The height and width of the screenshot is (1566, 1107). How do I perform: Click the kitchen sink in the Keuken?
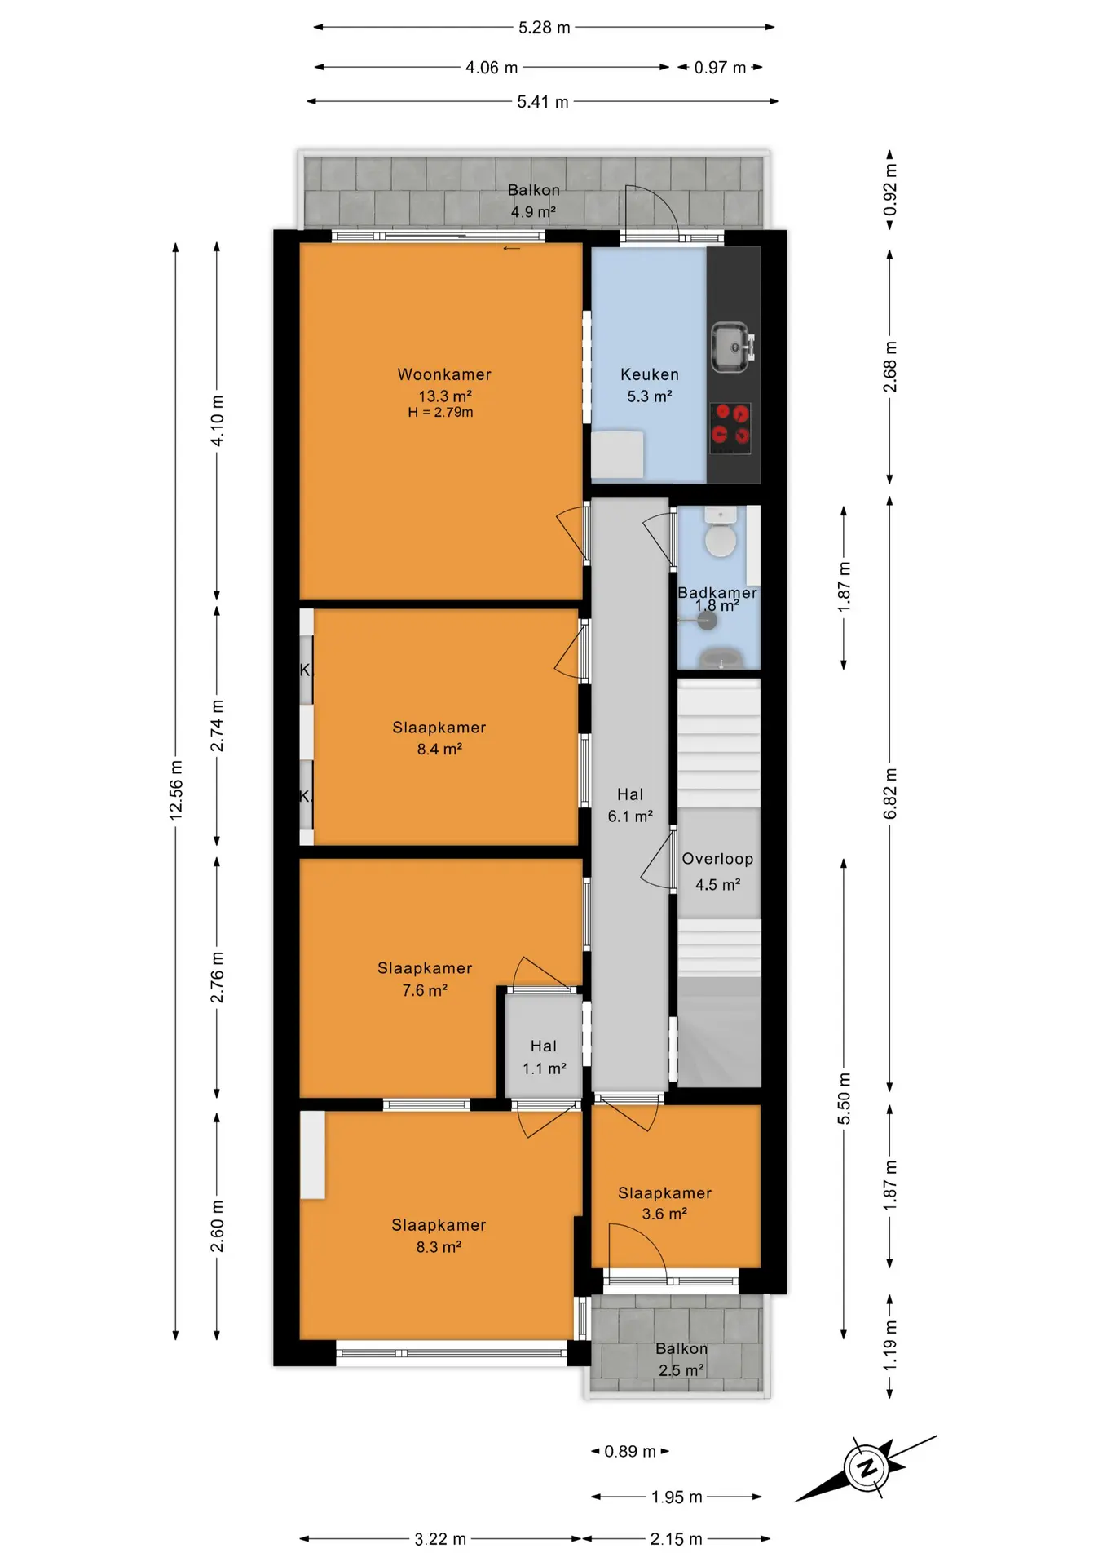point(732,347)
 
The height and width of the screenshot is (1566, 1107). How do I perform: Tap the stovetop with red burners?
point(730,428)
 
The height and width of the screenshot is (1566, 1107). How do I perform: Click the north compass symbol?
point(867,1468)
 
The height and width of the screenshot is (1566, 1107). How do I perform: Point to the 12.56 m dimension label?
point(176,789)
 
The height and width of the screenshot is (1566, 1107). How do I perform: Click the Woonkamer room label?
point(444,374)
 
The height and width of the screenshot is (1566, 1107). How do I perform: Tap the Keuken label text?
point(650,374)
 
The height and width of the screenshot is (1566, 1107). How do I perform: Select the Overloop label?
point(717,859)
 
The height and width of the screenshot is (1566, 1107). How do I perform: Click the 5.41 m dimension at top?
point(543,102)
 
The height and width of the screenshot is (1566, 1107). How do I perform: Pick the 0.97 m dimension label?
point(720,68)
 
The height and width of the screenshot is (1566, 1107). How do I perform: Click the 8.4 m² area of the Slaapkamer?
point(440,749)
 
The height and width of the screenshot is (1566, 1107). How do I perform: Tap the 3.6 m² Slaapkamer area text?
point(664,1214)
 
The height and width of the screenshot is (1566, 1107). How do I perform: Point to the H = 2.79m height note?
point(441,413)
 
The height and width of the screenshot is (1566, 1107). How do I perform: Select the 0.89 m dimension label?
point(630,1452)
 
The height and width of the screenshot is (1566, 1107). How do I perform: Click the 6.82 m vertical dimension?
point(890,794)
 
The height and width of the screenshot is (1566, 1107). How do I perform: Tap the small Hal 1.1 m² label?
point(545,1057)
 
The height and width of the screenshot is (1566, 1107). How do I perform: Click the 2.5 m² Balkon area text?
point(681,1370)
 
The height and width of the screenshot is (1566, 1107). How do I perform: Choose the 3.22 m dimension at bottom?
point(440,1539)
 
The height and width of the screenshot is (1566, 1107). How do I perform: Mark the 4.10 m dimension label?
point(217,421)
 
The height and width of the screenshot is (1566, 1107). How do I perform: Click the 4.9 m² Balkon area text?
point(534,212)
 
